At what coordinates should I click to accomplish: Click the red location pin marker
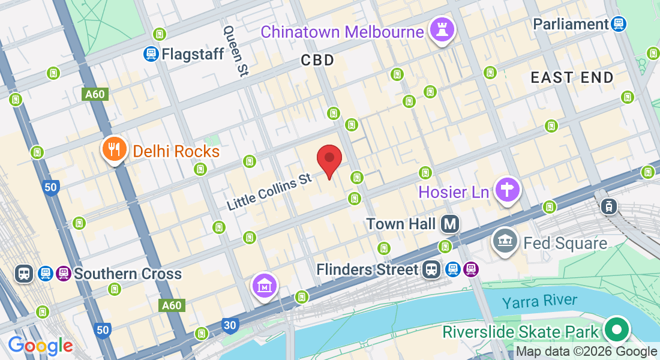(x=329, y=159)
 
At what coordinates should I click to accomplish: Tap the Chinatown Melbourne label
(x=342, y=32)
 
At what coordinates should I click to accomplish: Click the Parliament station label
(x=571, y=24)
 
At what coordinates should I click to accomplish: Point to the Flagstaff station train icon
(x=151, y=54)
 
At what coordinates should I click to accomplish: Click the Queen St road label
(x=235, y=50)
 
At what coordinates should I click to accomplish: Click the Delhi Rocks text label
(x=176, y=151)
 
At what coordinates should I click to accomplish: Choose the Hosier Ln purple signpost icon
(x=508, y=190)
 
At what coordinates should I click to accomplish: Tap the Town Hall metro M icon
(x=449, y=224)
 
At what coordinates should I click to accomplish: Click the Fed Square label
(x=565, y=243)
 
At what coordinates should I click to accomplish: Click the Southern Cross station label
(x=127, y=274)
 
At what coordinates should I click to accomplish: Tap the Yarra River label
(x=539, y=301)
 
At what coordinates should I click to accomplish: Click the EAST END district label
(x=572, y=77)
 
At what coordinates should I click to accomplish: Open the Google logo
(x=40, y=346)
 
